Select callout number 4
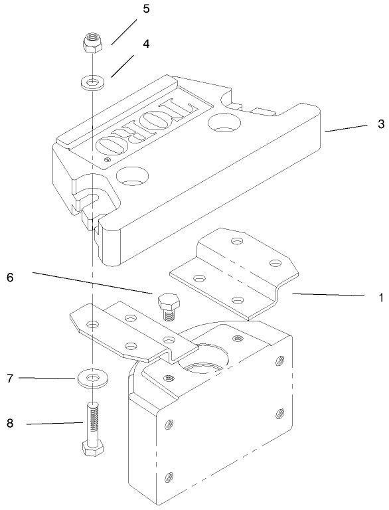145,44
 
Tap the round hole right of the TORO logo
226,124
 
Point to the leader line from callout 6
93,282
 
